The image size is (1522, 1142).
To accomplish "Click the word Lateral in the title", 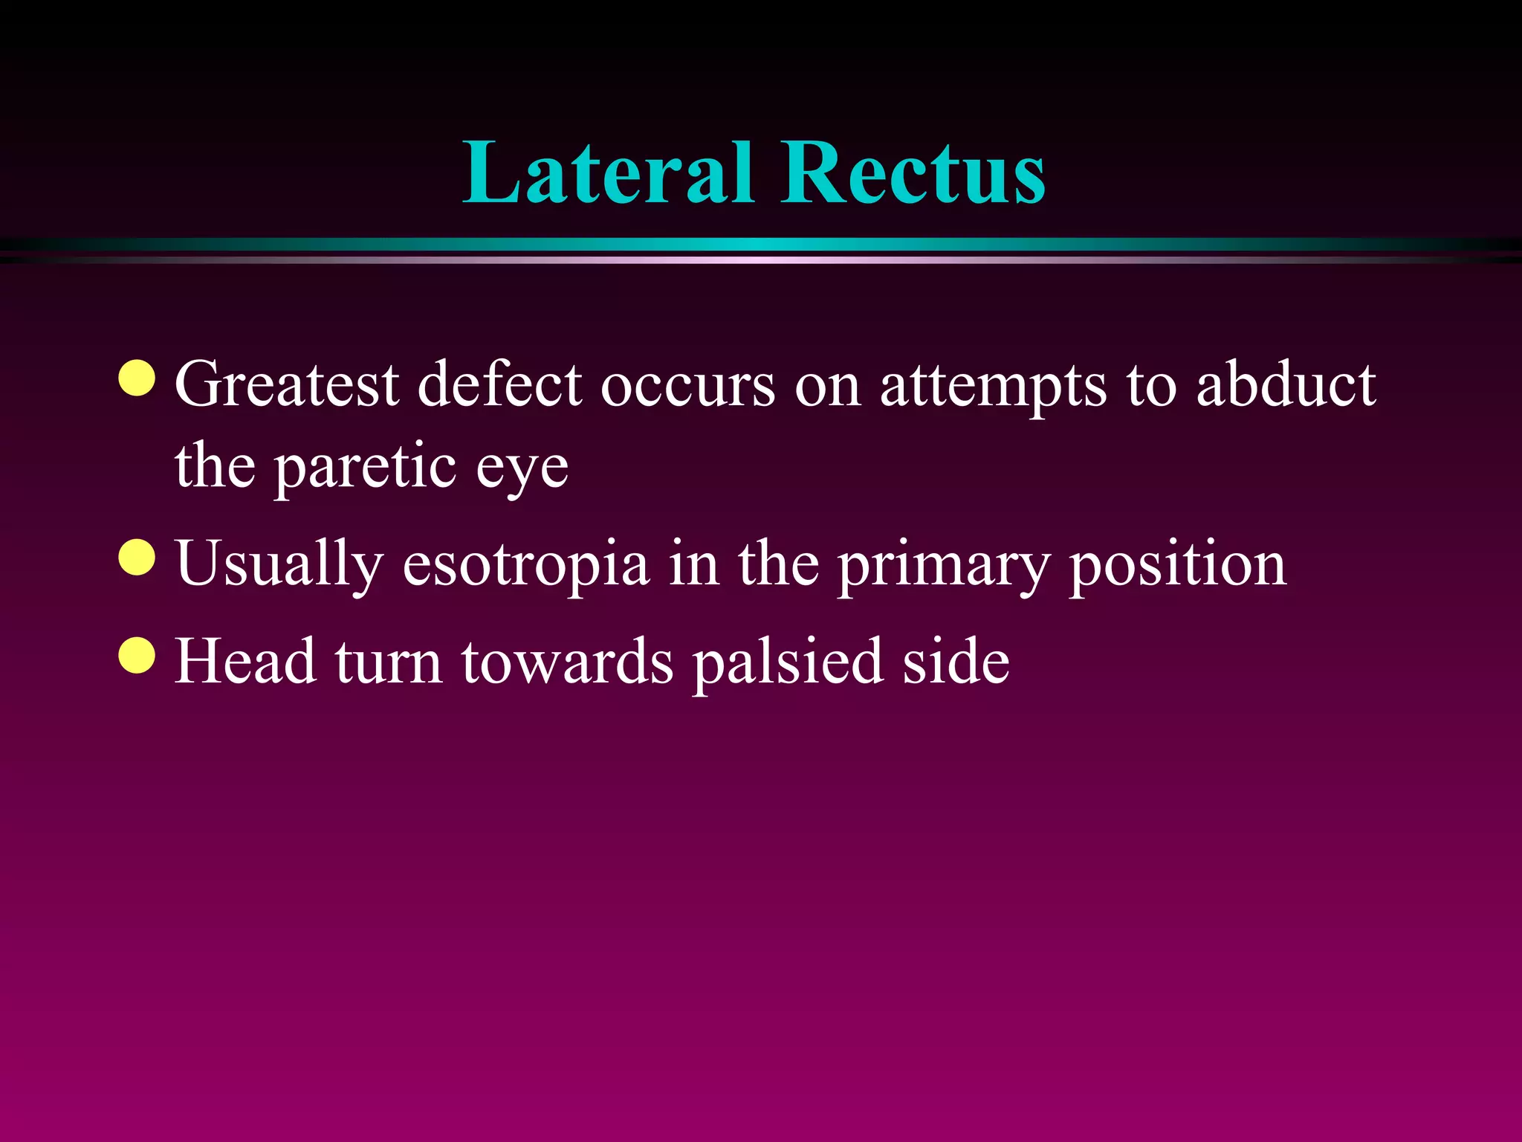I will [608, 172].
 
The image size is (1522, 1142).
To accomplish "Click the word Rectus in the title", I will [913, 172].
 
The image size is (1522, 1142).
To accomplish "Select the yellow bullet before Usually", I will [137, 558].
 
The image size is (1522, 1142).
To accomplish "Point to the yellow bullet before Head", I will [137, 655].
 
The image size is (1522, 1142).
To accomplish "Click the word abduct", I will [1286, 385].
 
